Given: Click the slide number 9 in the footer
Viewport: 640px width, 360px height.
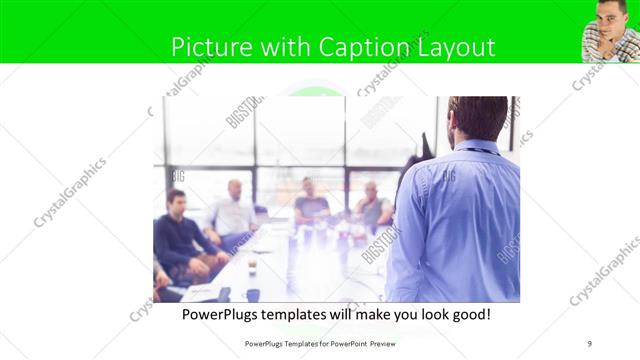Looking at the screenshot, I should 589,343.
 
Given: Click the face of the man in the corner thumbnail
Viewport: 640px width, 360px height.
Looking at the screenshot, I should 610,17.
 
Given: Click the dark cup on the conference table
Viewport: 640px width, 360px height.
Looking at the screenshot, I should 252,295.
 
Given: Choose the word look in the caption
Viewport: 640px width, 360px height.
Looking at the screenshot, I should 420,314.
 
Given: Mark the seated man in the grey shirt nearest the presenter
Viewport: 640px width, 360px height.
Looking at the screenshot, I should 372,206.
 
